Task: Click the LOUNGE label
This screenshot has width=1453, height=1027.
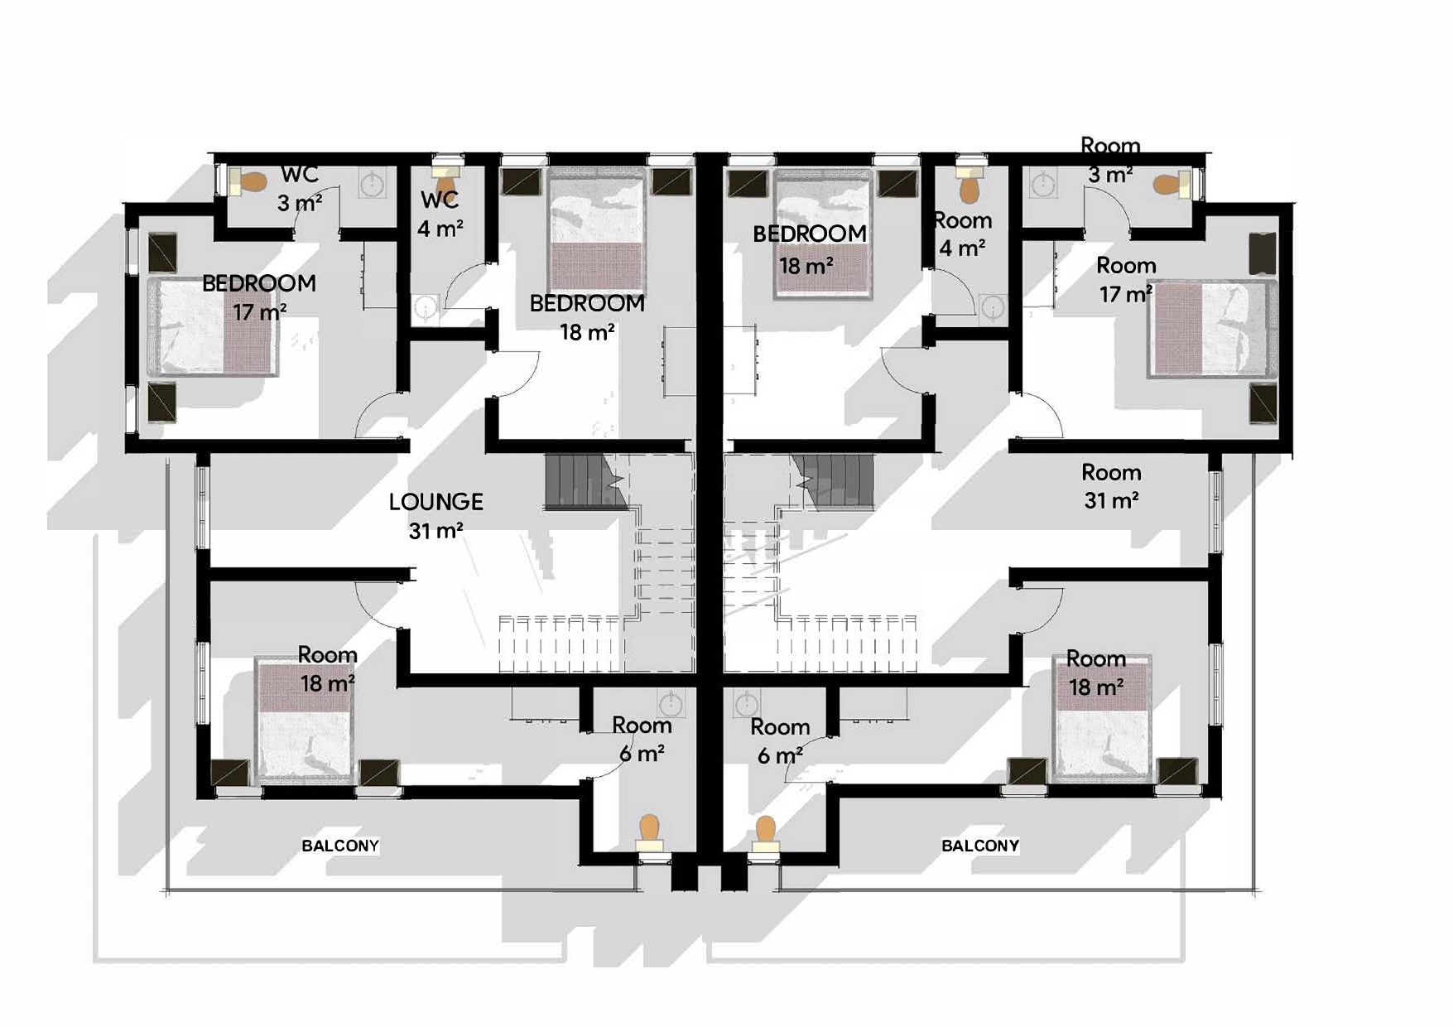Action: tap(436, 515)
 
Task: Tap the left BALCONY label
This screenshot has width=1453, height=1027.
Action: tap(340, 846)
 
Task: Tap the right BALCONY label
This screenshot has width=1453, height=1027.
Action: tap(980, 846)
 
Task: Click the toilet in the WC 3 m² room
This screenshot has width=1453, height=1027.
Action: tap(246, 182)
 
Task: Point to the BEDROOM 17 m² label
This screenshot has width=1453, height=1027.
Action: tap(259, 297)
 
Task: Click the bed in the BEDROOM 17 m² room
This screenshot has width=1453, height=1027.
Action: tap(214, 326)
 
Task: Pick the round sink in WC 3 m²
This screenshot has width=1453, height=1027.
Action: tap(373, 183)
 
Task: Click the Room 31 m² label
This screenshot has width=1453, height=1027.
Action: tap(1111, 486)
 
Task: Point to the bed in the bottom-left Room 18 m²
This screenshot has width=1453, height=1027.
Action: tap(306, 721)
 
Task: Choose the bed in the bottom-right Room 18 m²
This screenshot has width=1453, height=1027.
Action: tap(1101, 718)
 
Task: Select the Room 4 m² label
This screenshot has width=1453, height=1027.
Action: tap(963, 234)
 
